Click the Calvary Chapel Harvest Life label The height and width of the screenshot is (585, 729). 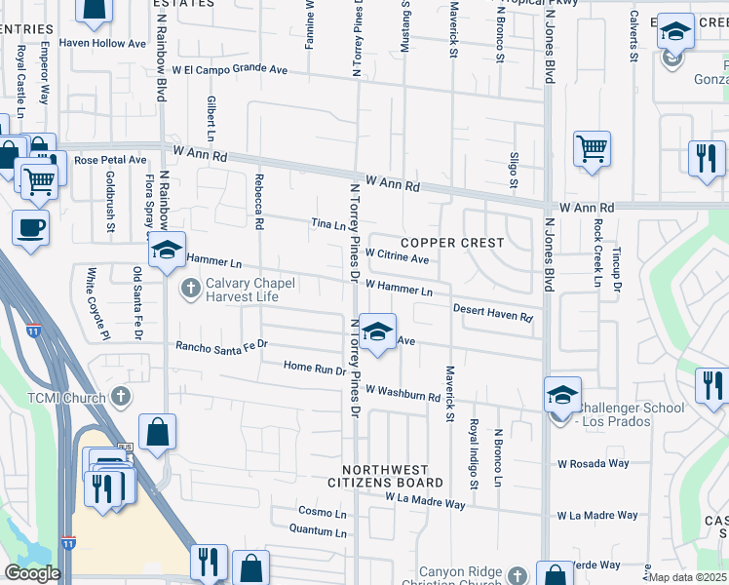(x=239, y=290)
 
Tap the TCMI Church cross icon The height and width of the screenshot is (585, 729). (x=120, y=396)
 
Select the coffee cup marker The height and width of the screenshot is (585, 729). (x=30, y=228)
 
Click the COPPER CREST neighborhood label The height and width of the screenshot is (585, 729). (x=452, y=242)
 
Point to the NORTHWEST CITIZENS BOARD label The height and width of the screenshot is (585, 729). (x=385, y=475)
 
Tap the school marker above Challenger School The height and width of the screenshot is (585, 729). (x=562, y=396)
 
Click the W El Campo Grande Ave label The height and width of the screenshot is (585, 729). (x=230, y=70)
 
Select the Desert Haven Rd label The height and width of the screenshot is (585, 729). (x=493, y=313)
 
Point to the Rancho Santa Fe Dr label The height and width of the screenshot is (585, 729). (x=221, y=345)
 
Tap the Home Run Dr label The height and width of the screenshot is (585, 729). (x=315, y=370)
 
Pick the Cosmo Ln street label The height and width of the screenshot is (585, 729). (x=323, y=513)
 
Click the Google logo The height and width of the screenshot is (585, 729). (x=32, y=573)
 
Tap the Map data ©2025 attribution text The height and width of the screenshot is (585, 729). (x=687, y=577)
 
